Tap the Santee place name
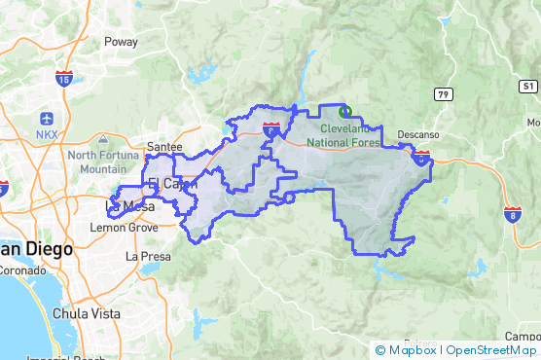pyautogui.click(x=163, y=146)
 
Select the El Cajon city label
pyautogui.click(x=171, y=183)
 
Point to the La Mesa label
pyautogui.click(x=124, y=206)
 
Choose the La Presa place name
pyautogui.click(x=148, y=257)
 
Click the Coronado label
pyautogui.click(x=18, y=272)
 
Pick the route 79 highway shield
pyautogui.click(x=443, y=93)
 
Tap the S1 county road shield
pyautogui.click(x=529, y=86)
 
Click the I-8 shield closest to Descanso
pyautogui.click(x=420, y=156)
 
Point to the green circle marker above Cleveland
pyautogui.click(x=343, y=111)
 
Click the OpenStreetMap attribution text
pyautogui.click(x=490, y=349)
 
